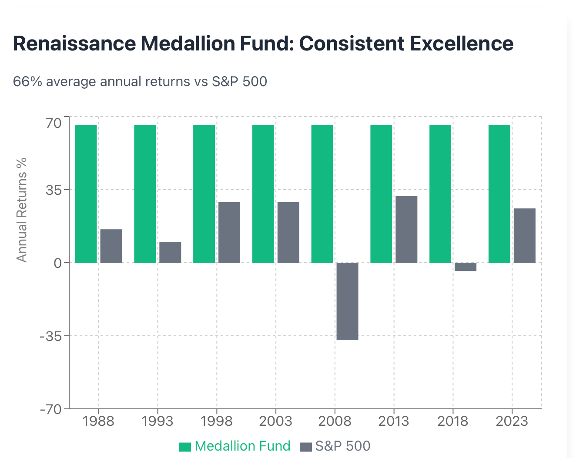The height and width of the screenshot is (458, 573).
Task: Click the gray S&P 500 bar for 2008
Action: (347, 301)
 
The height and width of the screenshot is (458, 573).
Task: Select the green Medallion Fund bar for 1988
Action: (86, 194)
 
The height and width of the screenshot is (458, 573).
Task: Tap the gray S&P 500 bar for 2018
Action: (466, 267)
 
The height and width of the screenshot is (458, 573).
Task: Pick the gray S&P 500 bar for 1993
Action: (170, 252)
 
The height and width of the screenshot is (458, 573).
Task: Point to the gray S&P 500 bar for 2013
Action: (406, 229)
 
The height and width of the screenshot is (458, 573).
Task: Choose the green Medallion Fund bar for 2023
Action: (499, 194)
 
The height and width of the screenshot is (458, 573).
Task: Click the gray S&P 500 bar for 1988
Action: (111, 246)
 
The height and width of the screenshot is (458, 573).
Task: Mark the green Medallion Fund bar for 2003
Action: (263, 194)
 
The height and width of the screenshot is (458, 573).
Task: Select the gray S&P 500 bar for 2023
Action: (525, 235)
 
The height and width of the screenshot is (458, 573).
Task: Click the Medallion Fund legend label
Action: (242, 446)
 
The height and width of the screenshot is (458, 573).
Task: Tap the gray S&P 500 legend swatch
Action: (306, 447)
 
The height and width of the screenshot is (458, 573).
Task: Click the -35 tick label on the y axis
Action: (50, 337)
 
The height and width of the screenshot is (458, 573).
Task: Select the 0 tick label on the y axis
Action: (57, 263)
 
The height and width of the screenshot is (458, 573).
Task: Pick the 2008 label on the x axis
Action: (335, 421)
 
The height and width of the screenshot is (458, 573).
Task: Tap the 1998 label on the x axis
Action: (217, 421)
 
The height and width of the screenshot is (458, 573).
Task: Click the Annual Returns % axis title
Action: (21, 210)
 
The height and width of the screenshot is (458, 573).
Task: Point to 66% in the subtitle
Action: (27, 81)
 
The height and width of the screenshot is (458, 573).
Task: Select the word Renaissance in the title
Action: (74, 43)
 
